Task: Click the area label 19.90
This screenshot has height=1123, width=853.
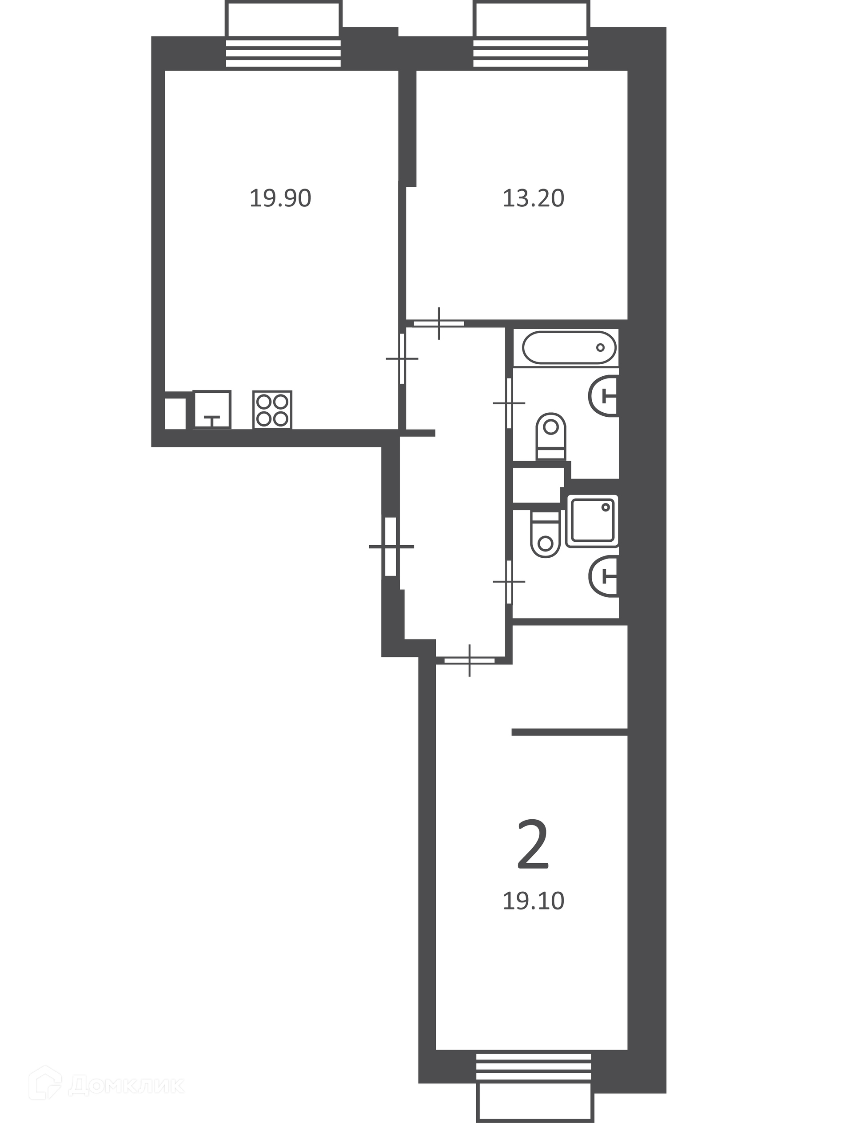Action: (x=280, y=198)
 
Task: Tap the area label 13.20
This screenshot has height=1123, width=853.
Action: (x=533, y=198)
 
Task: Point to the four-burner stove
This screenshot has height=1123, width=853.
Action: (x=272, y=410)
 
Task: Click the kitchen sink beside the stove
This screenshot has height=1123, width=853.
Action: (x=212, y=410)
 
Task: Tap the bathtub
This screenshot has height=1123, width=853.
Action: (x=569, y=347)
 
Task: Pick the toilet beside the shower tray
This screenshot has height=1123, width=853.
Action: (x=545, y=534)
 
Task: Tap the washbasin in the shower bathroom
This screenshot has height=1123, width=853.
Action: (x=604, y=575)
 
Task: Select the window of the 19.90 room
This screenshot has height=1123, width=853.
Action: (x=283, y=35)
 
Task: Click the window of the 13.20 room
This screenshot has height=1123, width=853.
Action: (x=531, y=35)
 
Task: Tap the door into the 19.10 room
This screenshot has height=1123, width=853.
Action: (x=469, y=660)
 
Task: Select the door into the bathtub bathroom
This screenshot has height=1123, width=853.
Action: (x=509, y=403)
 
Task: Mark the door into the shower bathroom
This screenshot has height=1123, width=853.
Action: (x=509, y=581)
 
